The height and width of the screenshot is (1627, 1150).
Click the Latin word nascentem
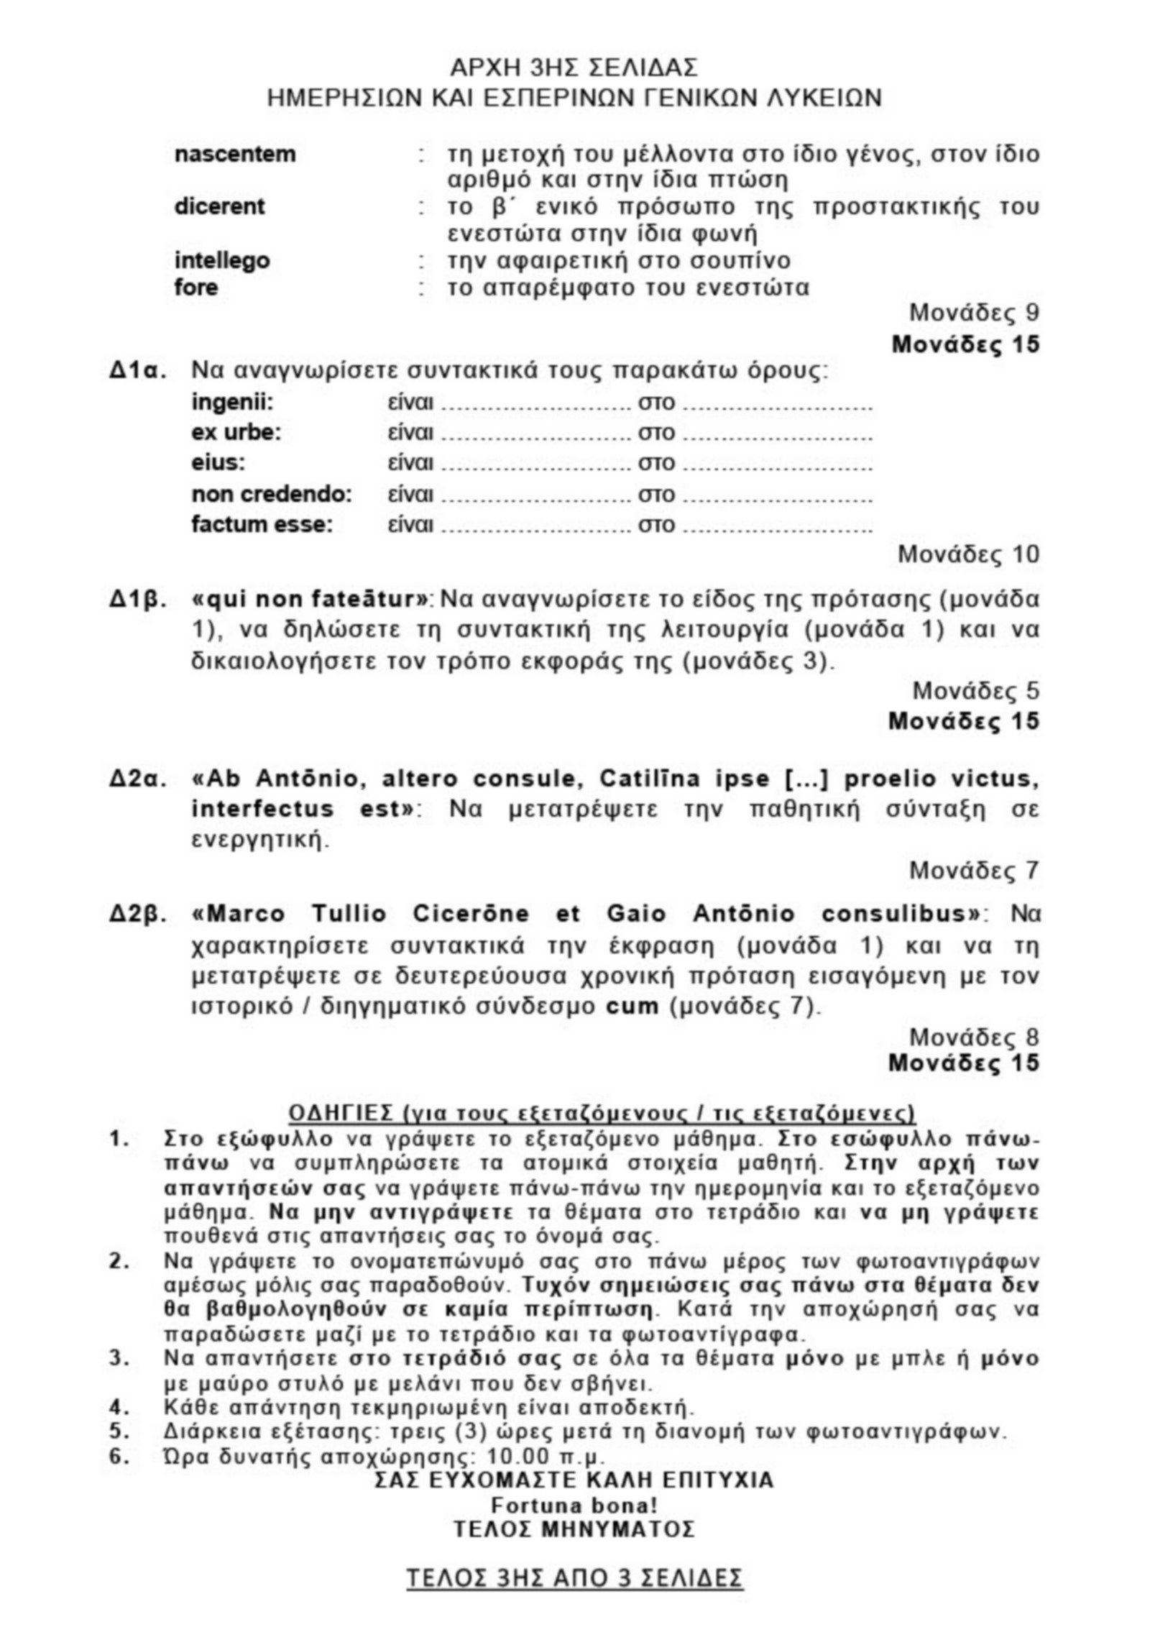coord(234,154)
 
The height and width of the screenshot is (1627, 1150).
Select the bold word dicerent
coord(219,206)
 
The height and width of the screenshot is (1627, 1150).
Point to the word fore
coord(195,288)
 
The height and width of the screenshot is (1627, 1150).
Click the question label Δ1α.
coord(138,372)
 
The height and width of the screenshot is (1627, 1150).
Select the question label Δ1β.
coord(138,599)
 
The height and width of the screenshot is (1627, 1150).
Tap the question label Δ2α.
coord(138,779)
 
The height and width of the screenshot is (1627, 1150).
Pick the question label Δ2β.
coord(138,914)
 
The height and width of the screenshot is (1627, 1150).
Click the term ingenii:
coord(232,403)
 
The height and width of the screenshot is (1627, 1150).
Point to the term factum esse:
coord(262,525)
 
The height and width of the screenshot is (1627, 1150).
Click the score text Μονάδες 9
coord(974,313)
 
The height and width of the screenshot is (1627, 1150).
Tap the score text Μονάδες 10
coord(968,554)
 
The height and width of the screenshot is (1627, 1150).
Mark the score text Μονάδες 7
coord(974,871)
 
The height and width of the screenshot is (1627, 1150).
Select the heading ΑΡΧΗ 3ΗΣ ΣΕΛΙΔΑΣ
coord(574,68)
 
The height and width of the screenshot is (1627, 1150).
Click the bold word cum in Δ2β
coord(632,1006)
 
